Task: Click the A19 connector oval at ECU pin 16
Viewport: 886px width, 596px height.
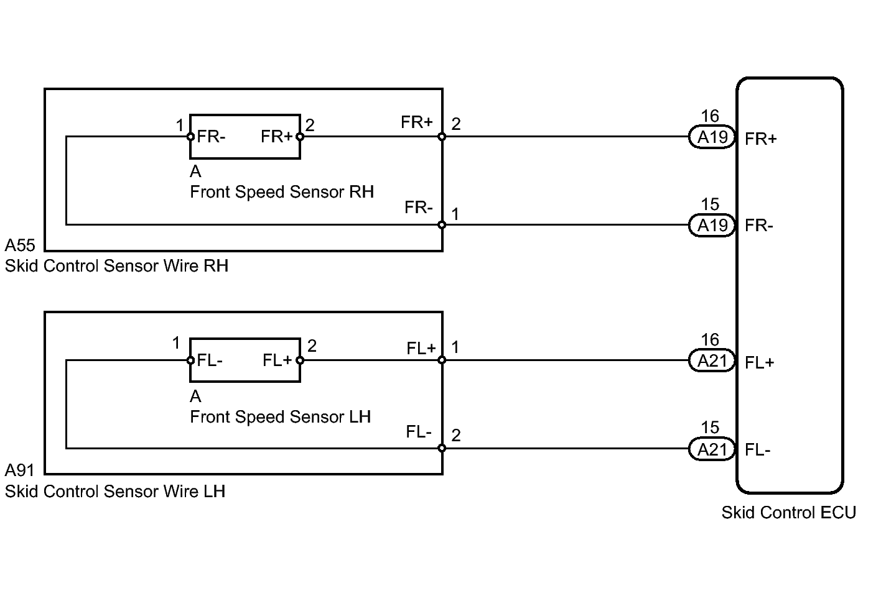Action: point(712,137)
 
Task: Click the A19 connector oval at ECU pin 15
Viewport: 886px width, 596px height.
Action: point(712,226)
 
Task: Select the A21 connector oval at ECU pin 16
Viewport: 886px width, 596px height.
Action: point(712,360)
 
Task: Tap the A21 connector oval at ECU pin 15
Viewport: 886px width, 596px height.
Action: point(712,449)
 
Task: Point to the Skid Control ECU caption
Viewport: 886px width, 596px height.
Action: point(789,513)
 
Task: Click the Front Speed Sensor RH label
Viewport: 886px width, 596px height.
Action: point(282,192)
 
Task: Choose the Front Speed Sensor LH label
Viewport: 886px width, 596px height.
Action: point(281,416)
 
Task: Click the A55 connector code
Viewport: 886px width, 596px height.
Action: point(20,245)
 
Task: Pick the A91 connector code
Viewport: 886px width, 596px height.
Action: point(20,470)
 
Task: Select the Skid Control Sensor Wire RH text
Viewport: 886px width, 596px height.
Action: point(117,266)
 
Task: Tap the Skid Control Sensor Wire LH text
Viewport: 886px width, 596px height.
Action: point(115,492)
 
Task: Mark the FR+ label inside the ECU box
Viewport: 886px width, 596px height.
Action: point(760,139)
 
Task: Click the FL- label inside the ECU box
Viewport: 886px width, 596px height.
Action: point(757,450)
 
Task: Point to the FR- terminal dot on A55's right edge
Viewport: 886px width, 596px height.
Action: point(442,225)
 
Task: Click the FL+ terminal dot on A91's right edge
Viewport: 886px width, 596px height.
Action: point(442,360)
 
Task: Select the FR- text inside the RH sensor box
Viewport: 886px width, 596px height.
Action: point(211,137)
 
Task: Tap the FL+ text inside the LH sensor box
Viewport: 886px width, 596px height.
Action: point(277,360)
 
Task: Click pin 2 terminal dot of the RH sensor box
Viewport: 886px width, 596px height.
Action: point(300,137)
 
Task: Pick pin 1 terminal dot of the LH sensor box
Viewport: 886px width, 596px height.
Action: point(190,360)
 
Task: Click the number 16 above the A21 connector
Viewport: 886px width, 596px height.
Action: point(710,340)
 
